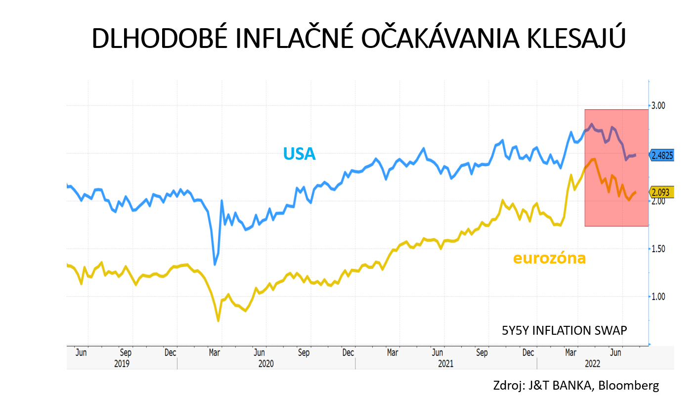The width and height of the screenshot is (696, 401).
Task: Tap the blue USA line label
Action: coord(299,154)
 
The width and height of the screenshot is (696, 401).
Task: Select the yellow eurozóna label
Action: coord(549,258)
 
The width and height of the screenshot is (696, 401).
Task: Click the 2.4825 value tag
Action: coord(662,155)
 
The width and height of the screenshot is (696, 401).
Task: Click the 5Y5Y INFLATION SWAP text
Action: coord(564,331)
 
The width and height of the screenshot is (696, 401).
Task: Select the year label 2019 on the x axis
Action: coord(122,363)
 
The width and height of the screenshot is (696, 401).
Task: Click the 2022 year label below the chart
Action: coord(593,363)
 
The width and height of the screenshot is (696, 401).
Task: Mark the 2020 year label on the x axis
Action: coord(265,363)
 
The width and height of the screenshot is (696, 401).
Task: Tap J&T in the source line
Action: coord(536,385)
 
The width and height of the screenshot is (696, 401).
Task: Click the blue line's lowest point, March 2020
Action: coord(215,264)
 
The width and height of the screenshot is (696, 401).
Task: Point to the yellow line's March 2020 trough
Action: coord(218,320)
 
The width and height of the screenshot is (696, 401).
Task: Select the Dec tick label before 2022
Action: coord(528,353)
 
